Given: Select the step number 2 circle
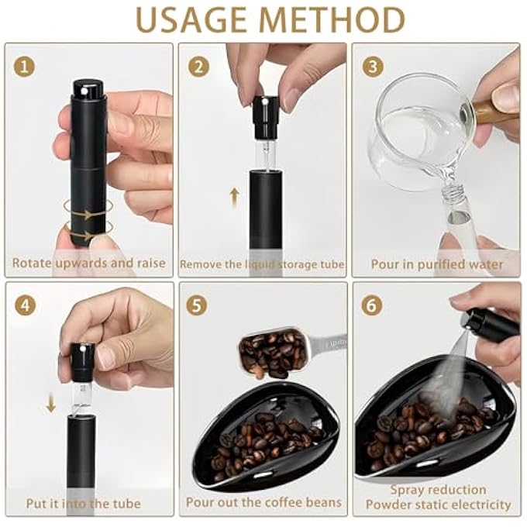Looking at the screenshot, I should (199, 66).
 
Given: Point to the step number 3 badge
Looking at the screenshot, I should (374, 66).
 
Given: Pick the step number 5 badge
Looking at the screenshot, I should (199, 305).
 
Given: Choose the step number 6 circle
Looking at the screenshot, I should (373, 305).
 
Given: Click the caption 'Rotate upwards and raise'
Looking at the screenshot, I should (89, 263).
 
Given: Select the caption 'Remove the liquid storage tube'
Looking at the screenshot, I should (263, 264).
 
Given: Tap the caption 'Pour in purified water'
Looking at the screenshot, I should (436, 263).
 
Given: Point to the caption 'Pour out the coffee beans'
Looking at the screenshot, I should (263, 502).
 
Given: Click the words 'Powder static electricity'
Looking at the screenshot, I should (439, 505).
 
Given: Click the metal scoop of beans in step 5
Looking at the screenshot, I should (279, 353).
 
